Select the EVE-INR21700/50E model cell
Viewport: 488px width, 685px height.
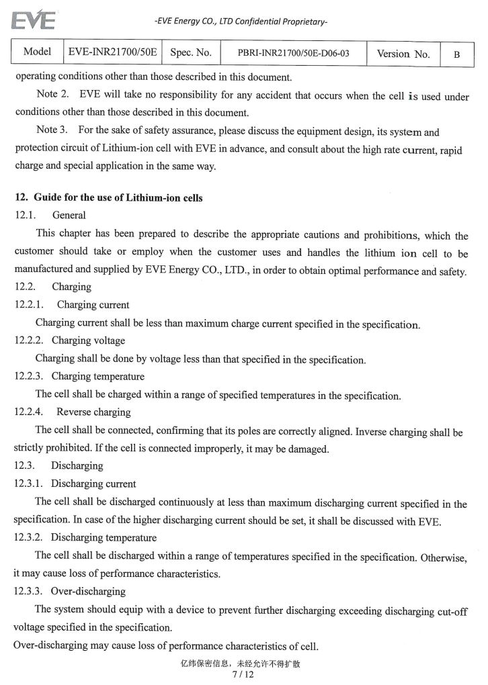(112, 52)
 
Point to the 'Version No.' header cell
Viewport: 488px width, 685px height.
(403, 54)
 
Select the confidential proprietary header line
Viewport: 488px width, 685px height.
(241, 21)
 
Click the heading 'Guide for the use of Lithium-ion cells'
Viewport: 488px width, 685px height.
(118, 198)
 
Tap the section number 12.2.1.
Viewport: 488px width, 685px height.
(30, 305)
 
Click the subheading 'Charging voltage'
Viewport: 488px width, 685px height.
(88, 340)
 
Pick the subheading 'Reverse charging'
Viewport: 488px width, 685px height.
(93, 412)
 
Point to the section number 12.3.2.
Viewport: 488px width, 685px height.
(30, 537)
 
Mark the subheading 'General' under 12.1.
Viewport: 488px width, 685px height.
(69, 216)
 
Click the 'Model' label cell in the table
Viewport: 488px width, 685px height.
(38, 52)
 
